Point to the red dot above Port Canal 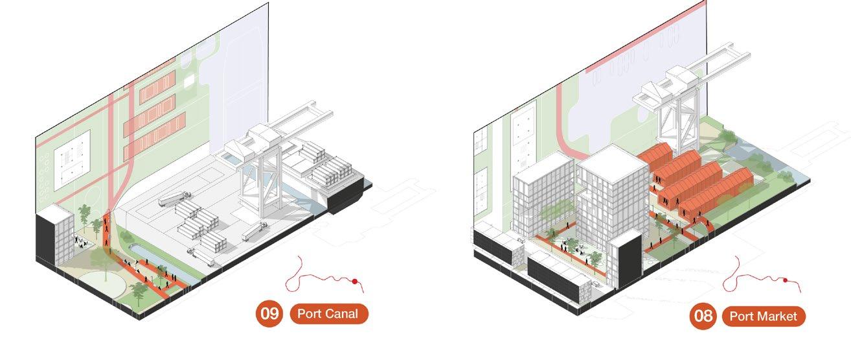click(355, 281)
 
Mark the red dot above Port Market click(785, 281)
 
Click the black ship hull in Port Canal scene click(346, 198)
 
